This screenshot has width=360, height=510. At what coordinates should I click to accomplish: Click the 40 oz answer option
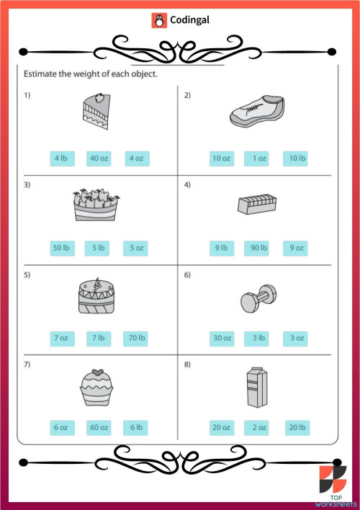(98, 158)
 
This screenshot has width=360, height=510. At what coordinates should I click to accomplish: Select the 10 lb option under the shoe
(295, 158)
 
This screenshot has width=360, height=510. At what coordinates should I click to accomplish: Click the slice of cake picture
(94, 112)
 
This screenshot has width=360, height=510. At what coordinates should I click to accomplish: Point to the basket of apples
(96, 206)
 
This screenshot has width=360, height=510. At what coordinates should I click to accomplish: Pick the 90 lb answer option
(256, 248)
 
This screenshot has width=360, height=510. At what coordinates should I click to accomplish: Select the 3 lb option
(256, 338)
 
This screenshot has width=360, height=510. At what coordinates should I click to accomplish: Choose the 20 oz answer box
(221, 428)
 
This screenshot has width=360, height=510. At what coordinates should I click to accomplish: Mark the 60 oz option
(99, 428)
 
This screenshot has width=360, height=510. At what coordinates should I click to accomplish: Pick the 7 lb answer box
(98, 338)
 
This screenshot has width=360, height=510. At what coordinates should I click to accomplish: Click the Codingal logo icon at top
(158, 20)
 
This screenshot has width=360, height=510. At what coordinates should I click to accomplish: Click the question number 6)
(187, 276)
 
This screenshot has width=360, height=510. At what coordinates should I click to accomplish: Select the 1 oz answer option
(256, 158)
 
